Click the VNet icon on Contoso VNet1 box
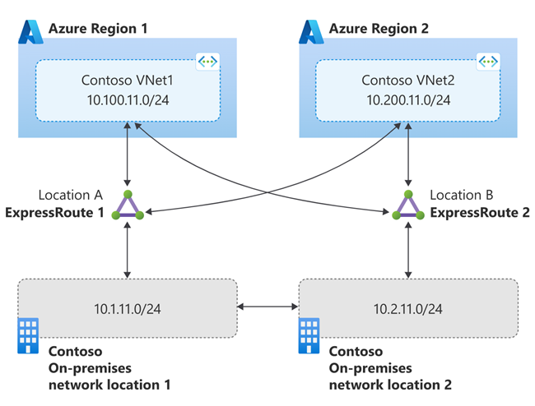[207, 62]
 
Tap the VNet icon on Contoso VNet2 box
[488, 62]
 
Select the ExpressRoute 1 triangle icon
[128, 206]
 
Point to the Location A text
[69, 196]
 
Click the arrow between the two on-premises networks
[267, 307]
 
